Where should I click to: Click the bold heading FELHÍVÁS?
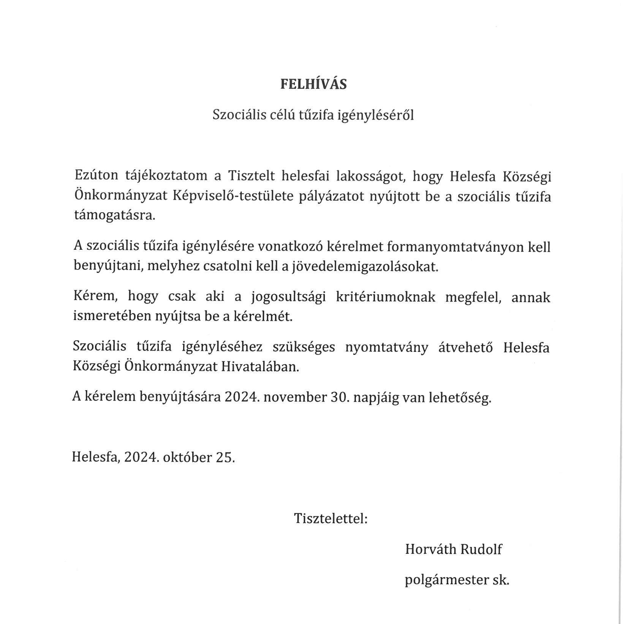click(x=313, y=84)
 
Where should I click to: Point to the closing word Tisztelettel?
click(x=331, y=518)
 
